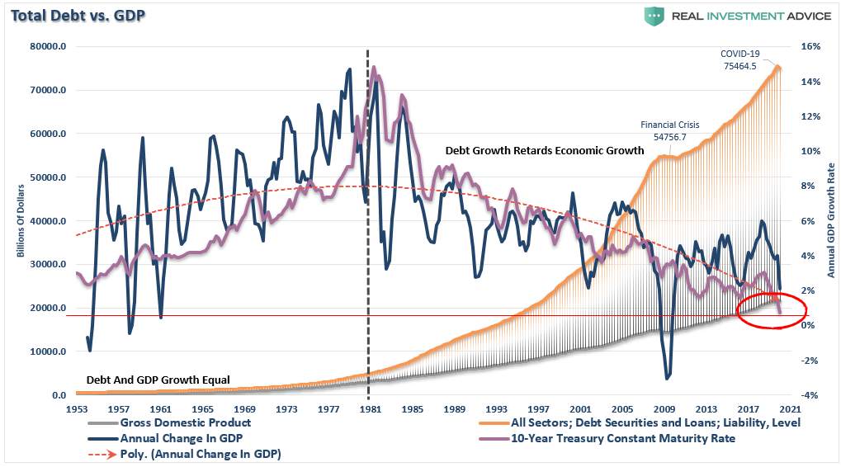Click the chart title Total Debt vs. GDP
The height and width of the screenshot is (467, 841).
(78, 15)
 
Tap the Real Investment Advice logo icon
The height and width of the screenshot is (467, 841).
(654, 16)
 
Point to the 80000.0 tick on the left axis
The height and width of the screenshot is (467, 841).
(48, 46)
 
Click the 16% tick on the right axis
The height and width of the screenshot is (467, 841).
(810, 46)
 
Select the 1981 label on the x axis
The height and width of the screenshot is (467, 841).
(370, 409)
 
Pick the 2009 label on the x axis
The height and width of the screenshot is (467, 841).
(664, 409)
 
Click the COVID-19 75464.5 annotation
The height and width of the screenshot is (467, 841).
(740, 59)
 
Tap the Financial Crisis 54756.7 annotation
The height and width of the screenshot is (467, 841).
(670, 130)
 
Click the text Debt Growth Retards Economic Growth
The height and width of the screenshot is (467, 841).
(545, 151)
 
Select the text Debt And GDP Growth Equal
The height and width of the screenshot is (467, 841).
(158, 380)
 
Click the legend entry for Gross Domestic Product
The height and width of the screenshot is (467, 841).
(169, 422)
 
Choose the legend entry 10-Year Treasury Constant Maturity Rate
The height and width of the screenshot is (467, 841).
(607, 439)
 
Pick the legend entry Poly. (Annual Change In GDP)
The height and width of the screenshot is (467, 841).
(185, 454)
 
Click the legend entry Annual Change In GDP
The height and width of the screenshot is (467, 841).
(165, 439)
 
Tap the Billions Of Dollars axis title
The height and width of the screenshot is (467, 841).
(21, 220)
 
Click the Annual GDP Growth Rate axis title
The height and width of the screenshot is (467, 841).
(831, 220)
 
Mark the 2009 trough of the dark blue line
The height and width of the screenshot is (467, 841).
(667, 379)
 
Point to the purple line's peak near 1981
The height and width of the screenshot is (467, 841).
(373, 68)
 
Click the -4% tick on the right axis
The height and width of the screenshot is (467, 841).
(810, 395)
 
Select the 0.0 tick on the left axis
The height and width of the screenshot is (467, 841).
(59, 395)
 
